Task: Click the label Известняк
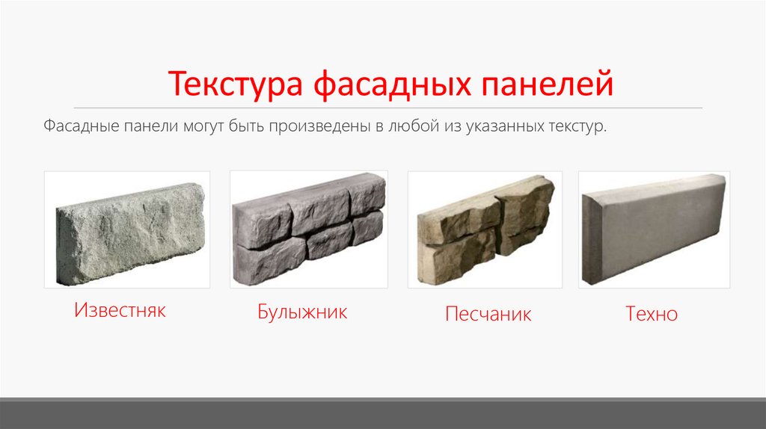120,309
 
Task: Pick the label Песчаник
488,313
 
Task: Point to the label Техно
652,313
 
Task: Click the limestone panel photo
127,229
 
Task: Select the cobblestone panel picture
308,229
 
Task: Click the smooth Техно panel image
654,229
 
